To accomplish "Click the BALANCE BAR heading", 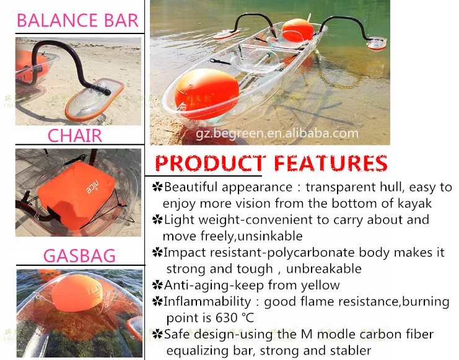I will (77, 20).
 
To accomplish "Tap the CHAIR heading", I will (75, 135).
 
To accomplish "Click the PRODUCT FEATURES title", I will (271, 163).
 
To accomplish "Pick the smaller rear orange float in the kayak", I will (297, 30).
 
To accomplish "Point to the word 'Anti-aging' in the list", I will (195, 285).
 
